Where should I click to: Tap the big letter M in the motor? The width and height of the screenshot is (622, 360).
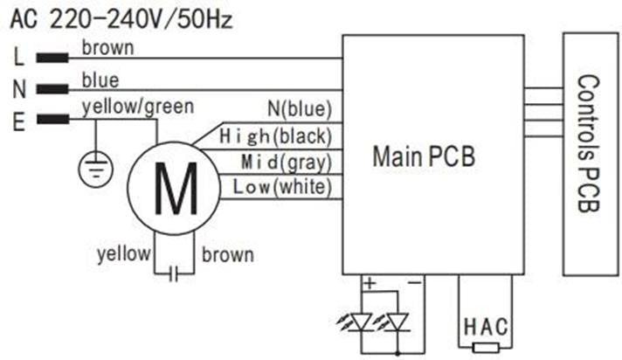pos(174,190)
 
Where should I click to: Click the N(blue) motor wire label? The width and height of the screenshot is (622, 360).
pos(300,109)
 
